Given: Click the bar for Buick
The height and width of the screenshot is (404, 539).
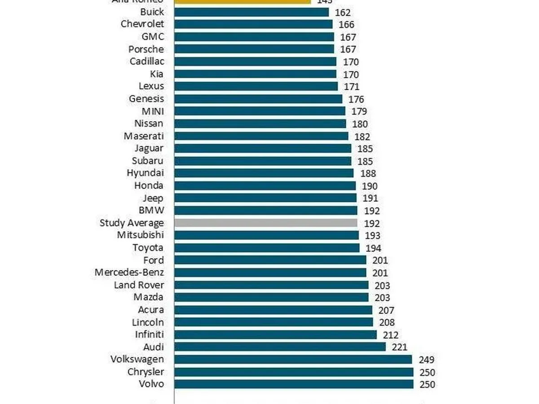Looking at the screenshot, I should click(252, 12).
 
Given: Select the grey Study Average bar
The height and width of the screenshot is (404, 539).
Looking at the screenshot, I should click(265, 223).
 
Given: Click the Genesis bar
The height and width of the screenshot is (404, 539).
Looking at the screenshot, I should click(258, 99).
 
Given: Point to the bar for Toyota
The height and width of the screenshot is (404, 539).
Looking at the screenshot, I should click(267, 248).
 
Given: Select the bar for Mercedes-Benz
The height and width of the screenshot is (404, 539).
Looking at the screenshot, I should click(270, 272).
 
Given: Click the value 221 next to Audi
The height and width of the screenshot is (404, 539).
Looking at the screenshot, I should click(399, 347).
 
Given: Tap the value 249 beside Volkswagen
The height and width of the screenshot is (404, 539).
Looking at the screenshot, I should click(427, 360).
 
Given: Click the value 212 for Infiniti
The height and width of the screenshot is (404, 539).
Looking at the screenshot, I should click(390, 335).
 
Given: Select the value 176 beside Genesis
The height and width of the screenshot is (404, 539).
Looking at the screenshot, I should click(356, 99).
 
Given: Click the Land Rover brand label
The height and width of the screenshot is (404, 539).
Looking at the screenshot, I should click(139, 285).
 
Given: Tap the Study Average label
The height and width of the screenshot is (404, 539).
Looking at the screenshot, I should click(132, 223).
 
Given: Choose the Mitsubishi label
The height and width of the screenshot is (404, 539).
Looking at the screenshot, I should click(140, 235).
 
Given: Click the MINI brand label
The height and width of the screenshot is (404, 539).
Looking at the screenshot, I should click(152, 111).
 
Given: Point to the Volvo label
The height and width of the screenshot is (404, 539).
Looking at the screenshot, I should click(151, 384).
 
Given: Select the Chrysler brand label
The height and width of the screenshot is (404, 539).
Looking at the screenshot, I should click(146, 372).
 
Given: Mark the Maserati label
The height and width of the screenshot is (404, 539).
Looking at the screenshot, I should click(144, 136).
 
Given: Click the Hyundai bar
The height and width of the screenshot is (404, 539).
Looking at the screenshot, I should click(264, 173).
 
